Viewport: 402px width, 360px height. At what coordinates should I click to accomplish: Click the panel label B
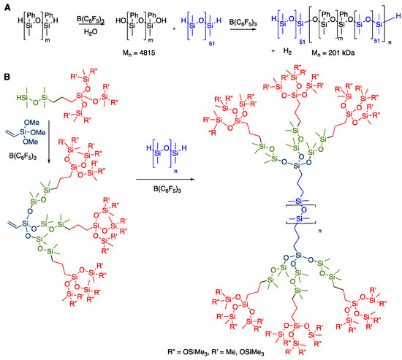pyautogui.click(x=6, y=75)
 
